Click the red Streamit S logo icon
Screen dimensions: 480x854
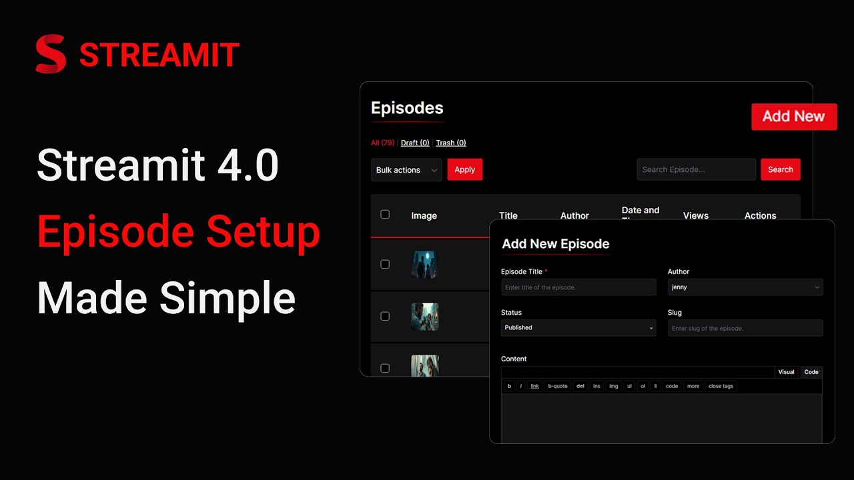pos(51,54)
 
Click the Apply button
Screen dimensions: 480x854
pos(464,169)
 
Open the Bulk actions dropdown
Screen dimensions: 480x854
pos(406,170)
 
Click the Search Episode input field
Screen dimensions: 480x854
pos(696,169)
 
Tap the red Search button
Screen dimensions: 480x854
pos(780,169)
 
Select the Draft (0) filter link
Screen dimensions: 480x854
pos(415,143)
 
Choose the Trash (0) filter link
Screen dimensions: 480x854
pos(451,143)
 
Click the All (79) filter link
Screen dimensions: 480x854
pos(382,143)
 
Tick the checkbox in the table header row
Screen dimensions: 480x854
pos(385,214)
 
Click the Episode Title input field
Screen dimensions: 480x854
pos(578,287)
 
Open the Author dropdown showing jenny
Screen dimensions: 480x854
pos(745,287)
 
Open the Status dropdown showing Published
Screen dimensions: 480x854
pos(578,328)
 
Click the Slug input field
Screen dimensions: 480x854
pos(745,328)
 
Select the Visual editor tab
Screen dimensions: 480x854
pos(786,372)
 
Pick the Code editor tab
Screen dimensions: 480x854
pos(811,372)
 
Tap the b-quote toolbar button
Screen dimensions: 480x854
pos(557,386)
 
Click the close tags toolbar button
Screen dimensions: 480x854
pos(721,386)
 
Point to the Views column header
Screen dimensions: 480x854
pos(696,215)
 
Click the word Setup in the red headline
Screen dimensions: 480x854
pos(263,231)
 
